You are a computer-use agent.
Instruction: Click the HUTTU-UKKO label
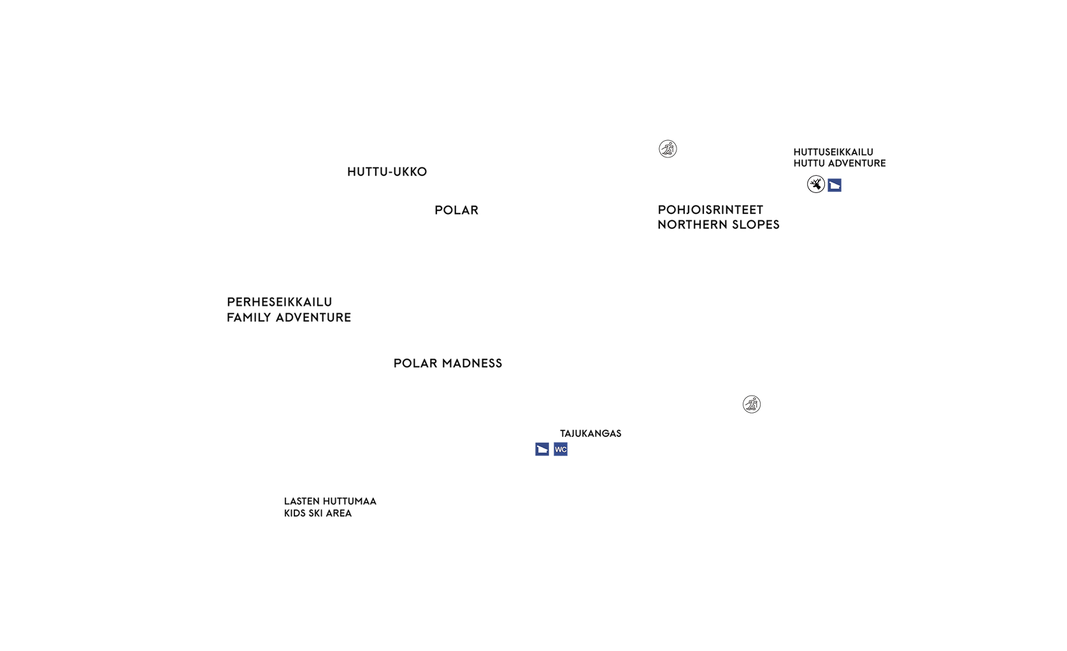(387, 172)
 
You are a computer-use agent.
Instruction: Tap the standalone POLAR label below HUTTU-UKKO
(456, 210)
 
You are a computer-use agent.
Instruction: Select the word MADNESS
(472, 363)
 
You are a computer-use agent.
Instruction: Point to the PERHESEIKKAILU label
(280, 302)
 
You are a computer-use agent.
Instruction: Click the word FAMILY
(249, 317)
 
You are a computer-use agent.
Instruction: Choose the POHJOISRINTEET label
(710, 210)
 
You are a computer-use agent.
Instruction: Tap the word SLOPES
(755, 225)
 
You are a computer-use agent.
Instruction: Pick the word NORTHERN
(692, 225)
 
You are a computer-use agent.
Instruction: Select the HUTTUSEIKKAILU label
(833, 152)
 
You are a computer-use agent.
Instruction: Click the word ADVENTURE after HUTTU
(858, 163)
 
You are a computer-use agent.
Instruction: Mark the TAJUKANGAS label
(591, 433)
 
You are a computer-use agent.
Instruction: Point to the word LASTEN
(301, 501)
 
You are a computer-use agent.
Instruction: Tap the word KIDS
(294, 513)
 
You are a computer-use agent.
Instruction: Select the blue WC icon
(561, 449)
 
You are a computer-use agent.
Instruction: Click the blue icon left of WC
(542, 449)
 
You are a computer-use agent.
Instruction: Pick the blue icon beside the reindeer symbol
(834, 185)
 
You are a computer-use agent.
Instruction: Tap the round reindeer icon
(816, 184)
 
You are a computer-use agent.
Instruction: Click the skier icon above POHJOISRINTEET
(668, 149)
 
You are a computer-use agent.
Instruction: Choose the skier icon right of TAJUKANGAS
(752, 404)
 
